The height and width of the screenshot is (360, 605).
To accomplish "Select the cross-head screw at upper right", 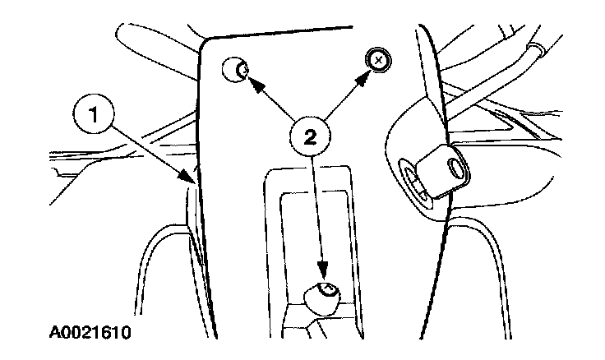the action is (x=377, y=60).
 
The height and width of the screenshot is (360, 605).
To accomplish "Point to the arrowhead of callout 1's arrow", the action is (x=191, y=178).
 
